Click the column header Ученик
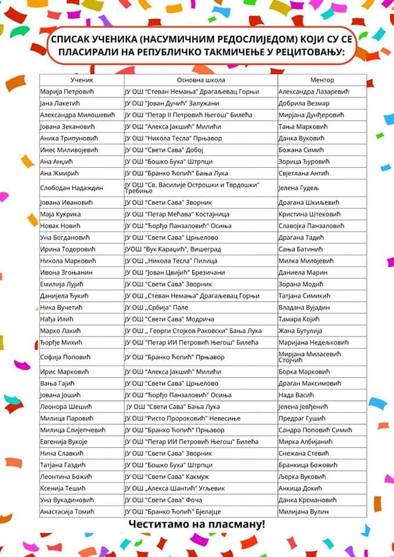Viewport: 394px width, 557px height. click(81, 79)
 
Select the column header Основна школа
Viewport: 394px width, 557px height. click(201, 79)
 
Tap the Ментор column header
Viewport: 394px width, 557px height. click(322, 79)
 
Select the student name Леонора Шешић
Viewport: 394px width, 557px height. click(66, 406)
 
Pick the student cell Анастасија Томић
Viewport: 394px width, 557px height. click(67, 511)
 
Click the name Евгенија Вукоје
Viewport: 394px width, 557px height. click(64, 442)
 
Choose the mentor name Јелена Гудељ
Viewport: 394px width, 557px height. click(299, 188)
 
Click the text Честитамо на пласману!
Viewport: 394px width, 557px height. click(197, 525)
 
